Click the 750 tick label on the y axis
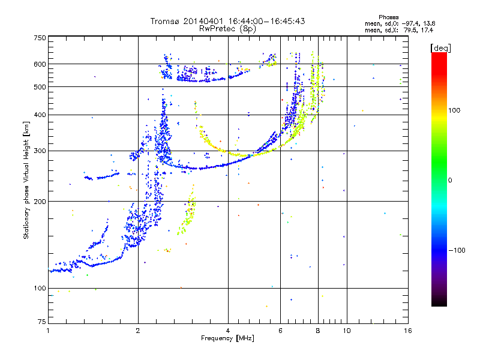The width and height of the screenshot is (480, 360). click(x=40, y=37)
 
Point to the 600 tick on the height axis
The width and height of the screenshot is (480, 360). click(x=40, y=64)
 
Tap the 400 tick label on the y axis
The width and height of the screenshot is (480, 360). click(x=40, y=115)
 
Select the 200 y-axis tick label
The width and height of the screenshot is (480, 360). click(x=40, y=201)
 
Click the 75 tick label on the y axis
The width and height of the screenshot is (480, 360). click(x=41, y=322)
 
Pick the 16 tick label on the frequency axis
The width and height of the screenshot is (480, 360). click(x=406, y=331)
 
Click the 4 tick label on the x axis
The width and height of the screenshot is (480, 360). click(x=228, y=331)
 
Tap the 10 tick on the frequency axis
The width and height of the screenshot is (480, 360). click(x=346, y=331)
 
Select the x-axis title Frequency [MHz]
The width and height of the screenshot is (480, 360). click(x=227, y=339)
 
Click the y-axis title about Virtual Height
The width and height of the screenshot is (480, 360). click(x=26, y=180)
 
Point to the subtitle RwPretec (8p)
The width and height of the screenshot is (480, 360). click(x=227, y=28)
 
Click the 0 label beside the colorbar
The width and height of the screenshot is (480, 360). click(x=451, y=180)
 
